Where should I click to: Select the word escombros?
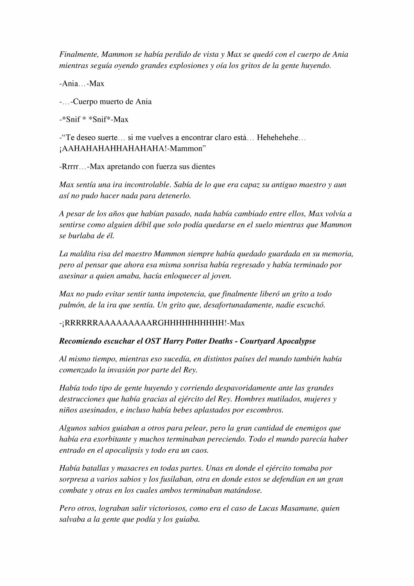pyautogui.click(x=265, y=410)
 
